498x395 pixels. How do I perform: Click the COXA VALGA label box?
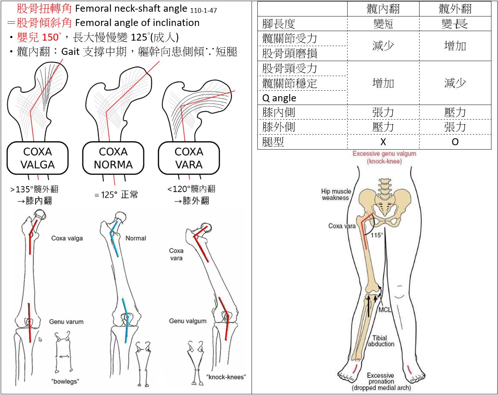38,158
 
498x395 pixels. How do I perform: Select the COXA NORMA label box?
113,158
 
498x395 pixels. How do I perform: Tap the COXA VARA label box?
189,158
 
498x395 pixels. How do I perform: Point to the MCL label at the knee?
384,310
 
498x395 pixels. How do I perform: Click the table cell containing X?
383,142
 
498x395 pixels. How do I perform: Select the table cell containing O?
455,142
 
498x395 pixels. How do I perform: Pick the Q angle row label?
279,98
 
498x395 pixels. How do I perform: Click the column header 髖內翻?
383,9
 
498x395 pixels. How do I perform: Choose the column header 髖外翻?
455,9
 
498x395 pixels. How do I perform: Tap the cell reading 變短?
383,24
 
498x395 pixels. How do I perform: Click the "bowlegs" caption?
65,381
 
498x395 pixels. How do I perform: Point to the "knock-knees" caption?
226,377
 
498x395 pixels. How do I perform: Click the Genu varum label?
66,322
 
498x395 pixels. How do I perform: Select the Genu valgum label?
188,321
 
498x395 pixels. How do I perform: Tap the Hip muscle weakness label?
336,195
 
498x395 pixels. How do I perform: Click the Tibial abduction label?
381,341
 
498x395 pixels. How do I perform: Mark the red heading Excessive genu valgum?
384,157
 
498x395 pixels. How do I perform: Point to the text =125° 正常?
116,195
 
